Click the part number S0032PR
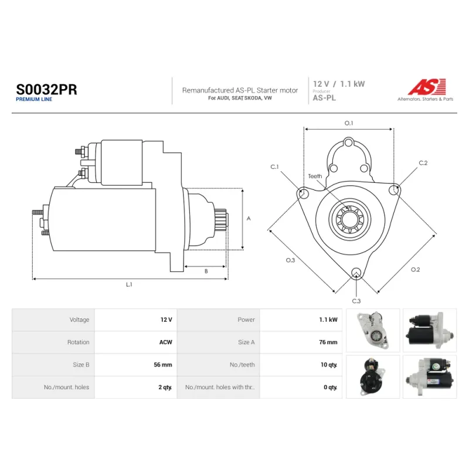(46, 90)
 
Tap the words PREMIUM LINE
(34, 99)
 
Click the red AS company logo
(427, 87)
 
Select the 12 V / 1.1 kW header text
(339, 84)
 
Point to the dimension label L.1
(129, 284)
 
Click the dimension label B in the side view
(206, 271)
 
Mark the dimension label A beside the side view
(249, 219)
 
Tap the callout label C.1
(274, 166)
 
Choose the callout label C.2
(423, 163)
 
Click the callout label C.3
(356, 301)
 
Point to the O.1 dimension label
(349, 123)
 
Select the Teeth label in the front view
(315, 176)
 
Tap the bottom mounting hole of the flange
(356, 273)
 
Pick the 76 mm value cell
(328, 342)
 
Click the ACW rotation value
(166, 342)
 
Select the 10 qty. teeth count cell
(329, 365)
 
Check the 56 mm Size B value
(163, 365)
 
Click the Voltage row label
(79, 320)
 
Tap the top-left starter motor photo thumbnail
(373, 331)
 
